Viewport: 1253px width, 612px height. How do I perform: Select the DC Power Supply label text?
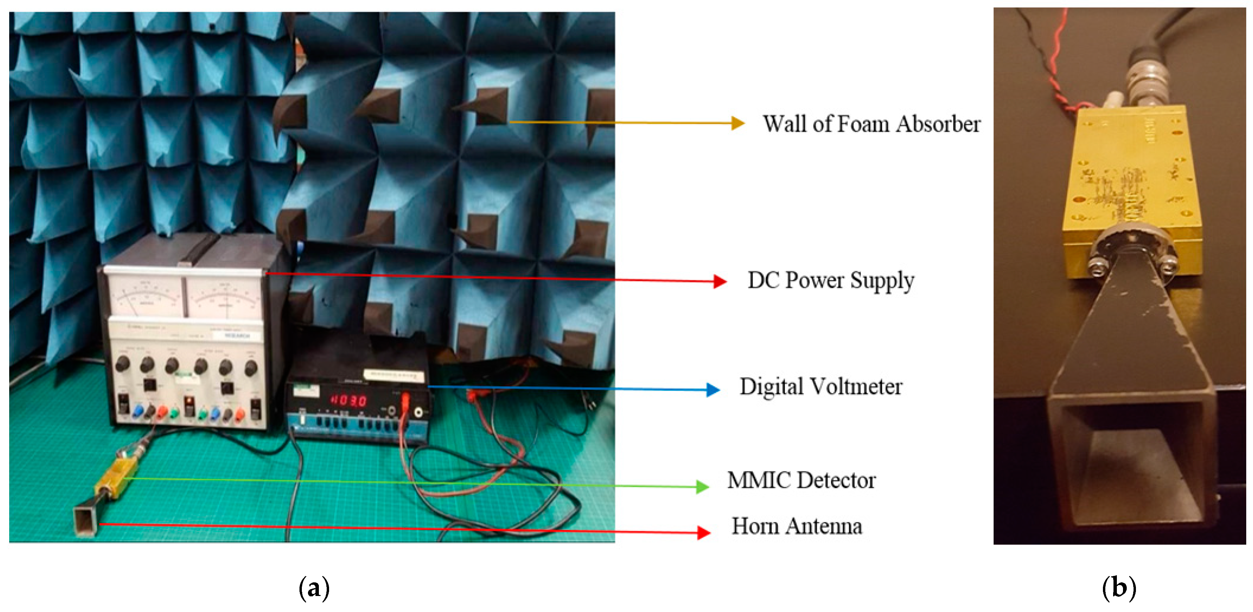coord(830,280)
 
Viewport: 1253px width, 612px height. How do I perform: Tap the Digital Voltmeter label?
coord(820,387)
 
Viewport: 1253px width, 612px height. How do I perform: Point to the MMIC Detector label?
coord(801,480)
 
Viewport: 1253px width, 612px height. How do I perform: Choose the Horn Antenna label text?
coord(797,526)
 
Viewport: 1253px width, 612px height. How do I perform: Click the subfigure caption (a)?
coord(314,588)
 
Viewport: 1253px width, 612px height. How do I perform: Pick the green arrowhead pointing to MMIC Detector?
coord(702,486)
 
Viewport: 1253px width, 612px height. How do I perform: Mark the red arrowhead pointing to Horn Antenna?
coord(703,532)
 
